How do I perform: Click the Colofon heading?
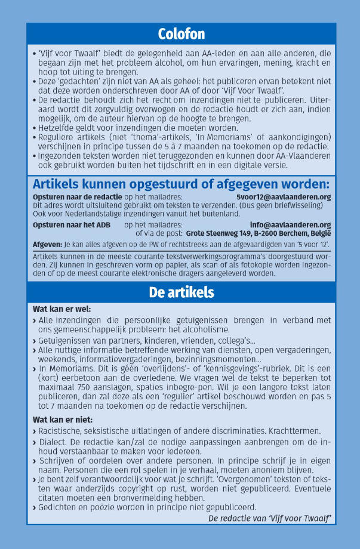[x=181, y=33]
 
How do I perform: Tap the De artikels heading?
[x=181, y=292]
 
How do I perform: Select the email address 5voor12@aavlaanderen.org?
[x=284, y=196]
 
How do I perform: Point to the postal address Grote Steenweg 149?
[x=221, y=233]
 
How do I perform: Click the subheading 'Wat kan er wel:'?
[x=61, y=309]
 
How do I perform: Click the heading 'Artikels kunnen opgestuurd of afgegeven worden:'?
[x=181, y=183]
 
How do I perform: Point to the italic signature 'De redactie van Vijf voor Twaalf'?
[x=269, y=518]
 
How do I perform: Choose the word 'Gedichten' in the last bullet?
[x=59, y=507]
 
